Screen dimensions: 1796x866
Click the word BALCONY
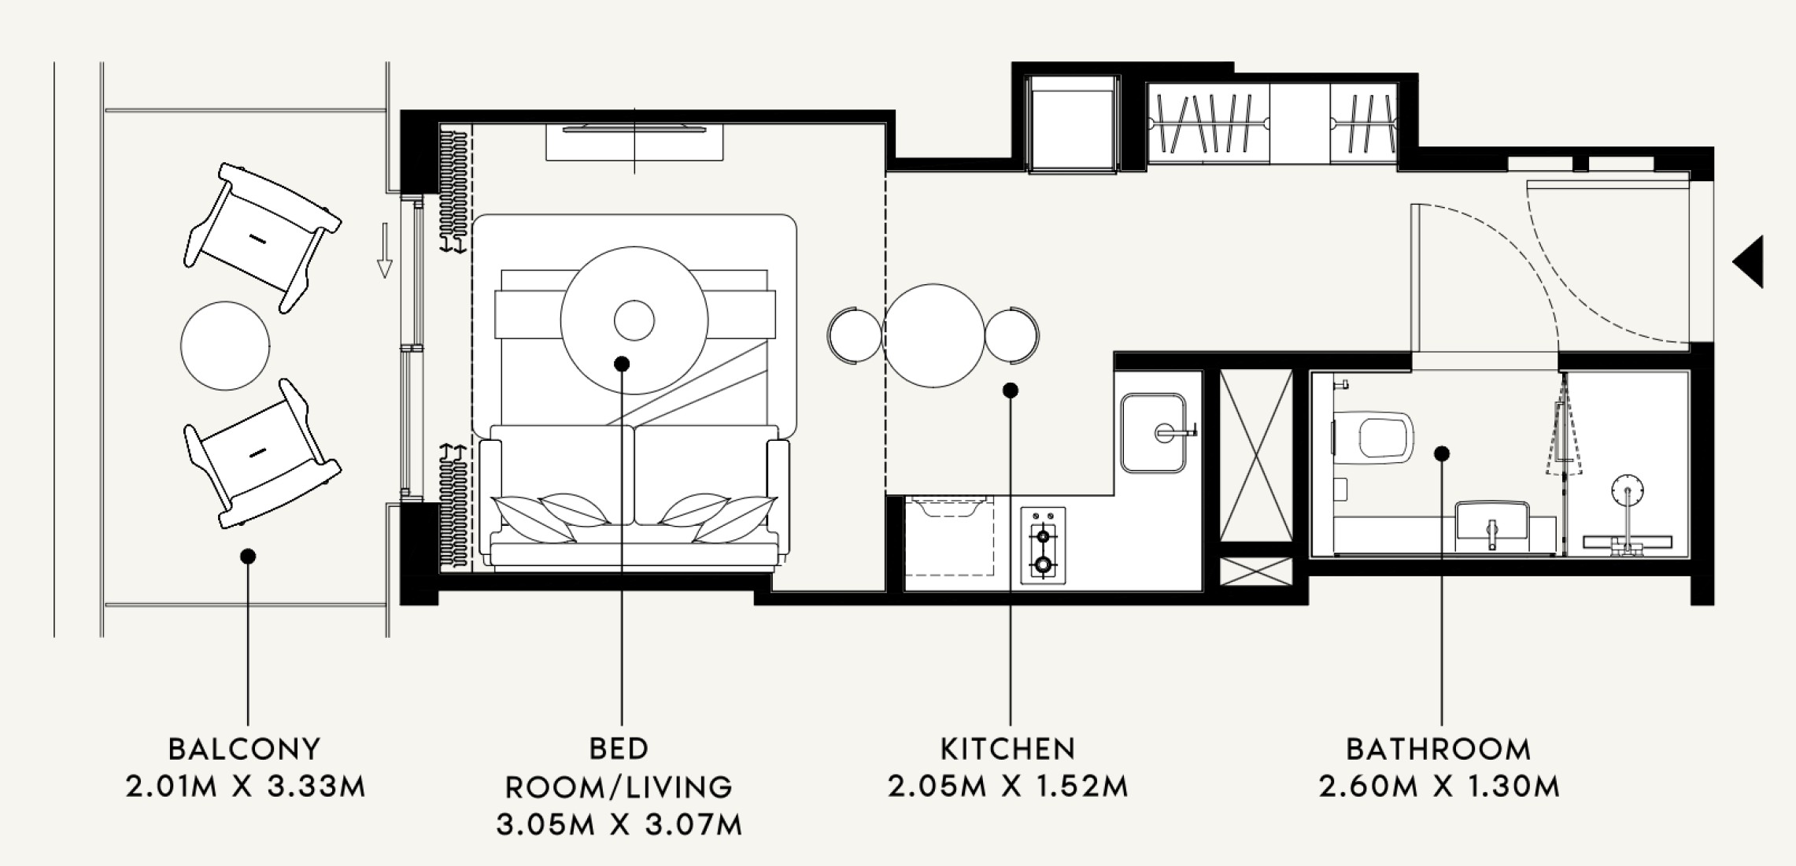(x=245, y=749)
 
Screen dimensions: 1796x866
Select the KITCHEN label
(x=1008, y=749)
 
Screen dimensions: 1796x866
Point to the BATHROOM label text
(x=1439, y=749)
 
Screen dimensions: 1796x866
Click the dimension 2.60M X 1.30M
(x=1439, y=786)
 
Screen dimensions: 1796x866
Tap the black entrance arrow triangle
(x=1749, y=261)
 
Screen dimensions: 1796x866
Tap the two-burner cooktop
(x=1043, y=545)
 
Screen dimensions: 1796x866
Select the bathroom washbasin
(x=1491, y=524)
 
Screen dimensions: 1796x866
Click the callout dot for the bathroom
(x=1442, y=453)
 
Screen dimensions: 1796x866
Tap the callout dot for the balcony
(x=248, y=557)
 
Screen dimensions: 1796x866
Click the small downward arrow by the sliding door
(x=384, y=250)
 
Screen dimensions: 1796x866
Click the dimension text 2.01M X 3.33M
(x=246, y=786)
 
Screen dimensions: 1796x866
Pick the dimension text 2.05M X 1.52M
(x=1008, y=786)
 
